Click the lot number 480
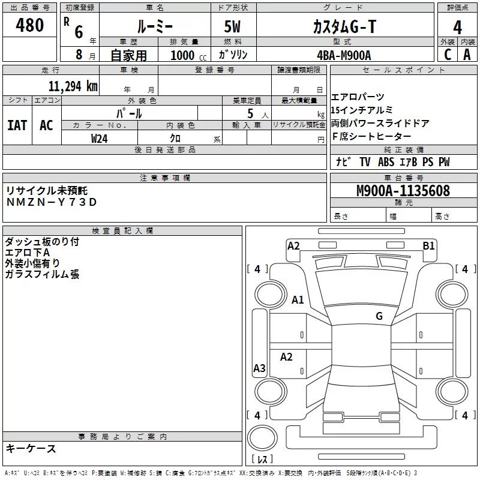(x=30, y=26)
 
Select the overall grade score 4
(x=457, y=27)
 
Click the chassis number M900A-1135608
(x=403, y=191)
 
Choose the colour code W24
(x=100, y=138)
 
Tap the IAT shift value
(x=17, y=125)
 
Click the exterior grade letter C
(x=447, y=55)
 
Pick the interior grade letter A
(x=467, y=55)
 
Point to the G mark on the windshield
(x=379, y=316)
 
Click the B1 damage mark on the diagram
(x=428, y=245)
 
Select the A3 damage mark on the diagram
(x=259, y=368)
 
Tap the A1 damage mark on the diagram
(x=298, y=300)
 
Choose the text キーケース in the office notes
(x=31, y=448)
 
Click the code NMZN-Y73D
(x=52, y=202)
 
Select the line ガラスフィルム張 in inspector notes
(x=42, y=274)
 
